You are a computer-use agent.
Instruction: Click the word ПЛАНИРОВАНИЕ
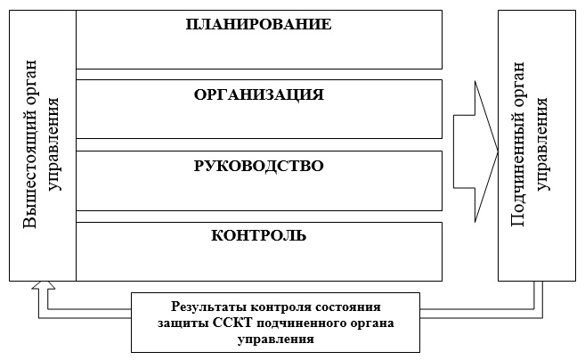[258, 24]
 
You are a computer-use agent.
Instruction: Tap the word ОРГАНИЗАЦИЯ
[259, 94]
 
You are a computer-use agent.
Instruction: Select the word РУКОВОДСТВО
[259, 166]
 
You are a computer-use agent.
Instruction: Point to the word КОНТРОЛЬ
[259, 235]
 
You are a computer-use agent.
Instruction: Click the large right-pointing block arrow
[475, 151]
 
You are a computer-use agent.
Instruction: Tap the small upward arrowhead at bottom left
[44, 285]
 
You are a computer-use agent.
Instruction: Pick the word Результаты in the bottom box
[209, 307]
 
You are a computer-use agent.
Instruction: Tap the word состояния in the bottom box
[348, 307]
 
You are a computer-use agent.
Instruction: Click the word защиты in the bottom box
[183, 323]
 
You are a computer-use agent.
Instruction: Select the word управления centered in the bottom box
[276, 340]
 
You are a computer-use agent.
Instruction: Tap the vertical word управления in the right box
[541, 144]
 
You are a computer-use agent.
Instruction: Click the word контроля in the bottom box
[281, 307]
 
